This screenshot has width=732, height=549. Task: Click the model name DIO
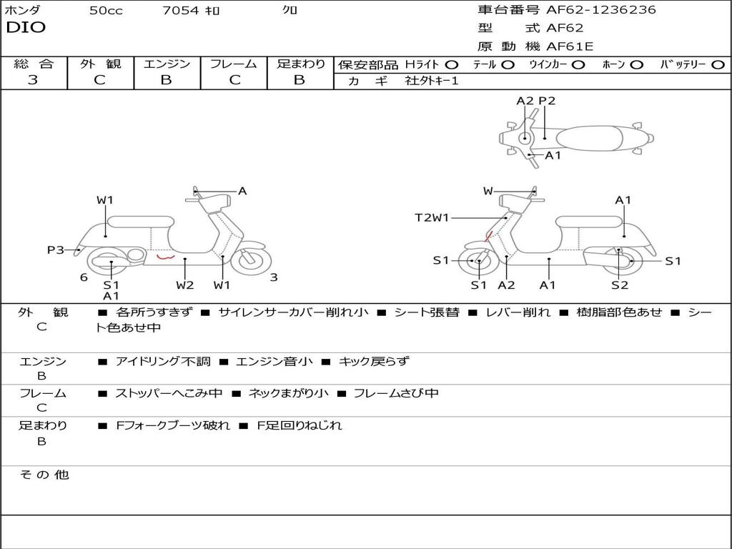(x=26, y=27)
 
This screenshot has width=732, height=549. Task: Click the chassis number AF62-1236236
(x=601, y=9)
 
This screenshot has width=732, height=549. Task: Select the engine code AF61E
(x=570, y=46)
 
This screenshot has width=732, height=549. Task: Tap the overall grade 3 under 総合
(x=33, y=79)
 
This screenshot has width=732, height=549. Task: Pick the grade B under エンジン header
(x=166, y=80)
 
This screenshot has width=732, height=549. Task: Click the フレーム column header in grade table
(x=233, y=64)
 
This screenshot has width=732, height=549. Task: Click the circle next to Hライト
(x=452, y=65)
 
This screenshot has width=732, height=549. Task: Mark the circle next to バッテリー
(x=718, y=65)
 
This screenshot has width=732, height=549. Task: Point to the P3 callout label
(x=56, y=249)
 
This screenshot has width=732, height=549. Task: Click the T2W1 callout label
(x=432, y=217)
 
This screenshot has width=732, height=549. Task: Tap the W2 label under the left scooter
(x=185, y=285)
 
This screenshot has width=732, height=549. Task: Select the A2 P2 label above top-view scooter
(x=536, y=101)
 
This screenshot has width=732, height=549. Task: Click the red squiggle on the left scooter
(x=165, y=257)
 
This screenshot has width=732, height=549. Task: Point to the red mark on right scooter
(x=488, y=237)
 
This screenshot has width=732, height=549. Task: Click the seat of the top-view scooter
(x=589, y=139)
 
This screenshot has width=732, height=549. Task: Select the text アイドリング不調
(x=163, y=361)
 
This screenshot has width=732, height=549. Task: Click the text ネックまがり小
(x=289, y=393)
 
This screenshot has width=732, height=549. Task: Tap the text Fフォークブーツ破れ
(x=173, y=425)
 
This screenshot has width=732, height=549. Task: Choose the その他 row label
(x=44, y=475)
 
